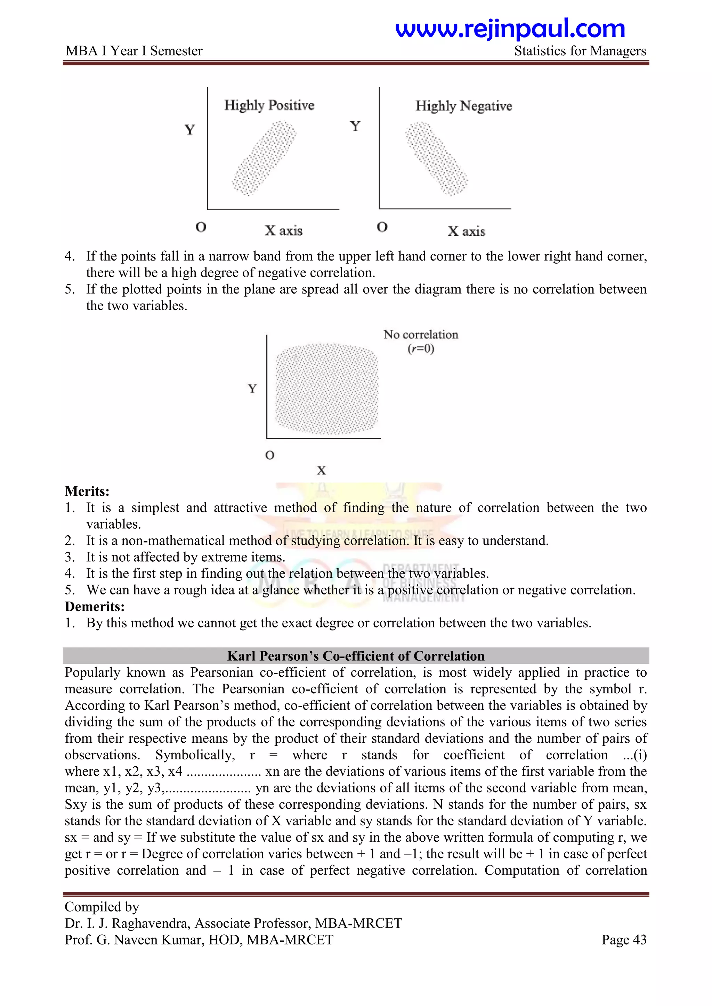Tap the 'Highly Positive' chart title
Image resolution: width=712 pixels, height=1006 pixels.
(x=269, y=106)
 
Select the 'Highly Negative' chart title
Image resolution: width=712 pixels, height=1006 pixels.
(x=464, y=106)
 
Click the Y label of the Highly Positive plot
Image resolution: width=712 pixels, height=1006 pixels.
(x=190, y=130)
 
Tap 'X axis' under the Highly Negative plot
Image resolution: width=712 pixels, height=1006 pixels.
(x=466, y=231)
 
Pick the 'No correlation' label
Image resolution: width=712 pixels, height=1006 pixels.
(x=420, y=335)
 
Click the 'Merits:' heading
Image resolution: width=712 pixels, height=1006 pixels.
(x=87, y=491)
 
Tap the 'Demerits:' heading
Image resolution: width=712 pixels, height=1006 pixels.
(x=95, y=607)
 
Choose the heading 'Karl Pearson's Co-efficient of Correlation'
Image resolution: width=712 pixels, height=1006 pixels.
(x=356, y=656)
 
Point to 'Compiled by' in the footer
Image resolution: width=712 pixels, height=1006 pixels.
(x=102, y=907)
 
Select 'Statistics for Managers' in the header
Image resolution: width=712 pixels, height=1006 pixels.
(x=580, y=51)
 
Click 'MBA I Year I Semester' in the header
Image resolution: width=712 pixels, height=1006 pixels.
(x=134, y=51)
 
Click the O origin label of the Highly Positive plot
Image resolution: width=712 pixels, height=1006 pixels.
(x=201, y=227)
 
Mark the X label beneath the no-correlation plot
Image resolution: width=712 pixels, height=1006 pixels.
(x=321, y=471)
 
